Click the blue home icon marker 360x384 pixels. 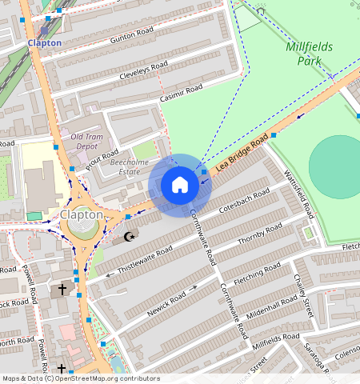pyautogui.click(x=180, y=185)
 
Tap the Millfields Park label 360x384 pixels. pyautogui.click(x=303, y=54)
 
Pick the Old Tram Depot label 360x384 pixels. pyautogui.click(x=87, y=142)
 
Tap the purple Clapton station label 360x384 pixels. pyautogui.click(x=44, y=42)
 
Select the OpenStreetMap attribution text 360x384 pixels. pyautogui.click(x=80, y=378)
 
